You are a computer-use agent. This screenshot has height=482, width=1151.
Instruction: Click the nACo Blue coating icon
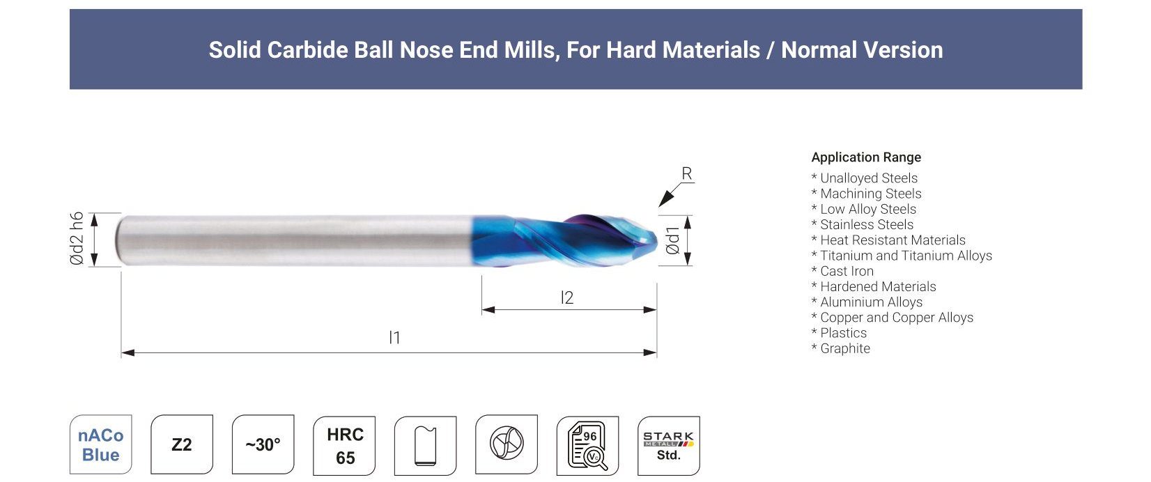click(x=101, y=444)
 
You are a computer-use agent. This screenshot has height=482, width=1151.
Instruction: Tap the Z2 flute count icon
click(x=181, y=444)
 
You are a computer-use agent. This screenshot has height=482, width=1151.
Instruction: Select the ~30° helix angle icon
click(x=263, y=444)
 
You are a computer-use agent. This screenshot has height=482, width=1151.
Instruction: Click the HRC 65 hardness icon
click(x=344, y=446)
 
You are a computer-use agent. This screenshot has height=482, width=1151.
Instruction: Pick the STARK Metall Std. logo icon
click(x=668, y=446)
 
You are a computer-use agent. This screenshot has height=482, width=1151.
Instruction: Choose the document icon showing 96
click(x=587, y=446)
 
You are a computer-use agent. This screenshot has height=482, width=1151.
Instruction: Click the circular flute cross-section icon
click(x=506, y=444)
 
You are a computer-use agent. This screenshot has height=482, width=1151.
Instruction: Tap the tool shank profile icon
click(x=426, y=446)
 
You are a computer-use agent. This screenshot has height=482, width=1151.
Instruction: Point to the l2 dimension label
click(x=566, y=297)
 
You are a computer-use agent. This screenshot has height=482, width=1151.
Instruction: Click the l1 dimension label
click(x=394, y=338)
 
